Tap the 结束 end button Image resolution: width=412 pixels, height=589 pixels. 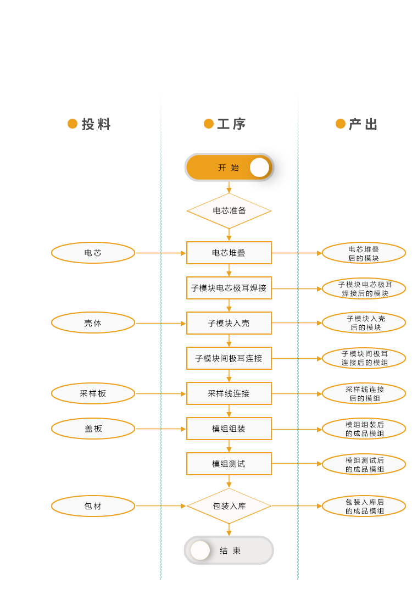pyautogui.click(x=229, y=551)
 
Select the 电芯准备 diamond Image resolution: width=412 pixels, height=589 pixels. pyautogui.click(x=229, y=210)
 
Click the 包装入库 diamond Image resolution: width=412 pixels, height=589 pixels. pyautogui.click(x=229, y=506)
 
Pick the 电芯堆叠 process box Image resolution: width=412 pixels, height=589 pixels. pyautogui.click(x=229, y=253)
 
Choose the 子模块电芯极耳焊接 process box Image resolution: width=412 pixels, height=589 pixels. pyautogui.click(x=229, y=288)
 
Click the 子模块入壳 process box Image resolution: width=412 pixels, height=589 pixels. pyautogui.click(x=229, y=323)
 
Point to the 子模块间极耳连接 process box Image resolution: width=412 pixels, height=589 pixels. pyautogui.click(x=229, y=358)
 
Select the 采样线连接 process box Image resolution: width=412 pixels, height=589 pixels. pyautogui.click(x=229, y=393)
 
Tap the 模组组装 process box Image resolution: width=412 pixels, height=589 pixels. pyautogui.click(x=229, y=429)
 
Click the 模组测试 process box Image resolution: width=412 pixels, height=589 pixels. pyautogui.click(x=229, y=464)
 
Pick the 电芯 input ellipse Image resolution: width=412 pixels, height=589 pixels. pyautogui.click(x=93, y=253)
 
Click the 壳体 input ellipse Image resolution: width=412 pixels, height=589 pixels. pyautogui.click(x=93, y=323)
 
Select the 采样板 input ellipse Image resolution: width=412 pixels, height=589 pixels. pyautogui.click(x=93, y=393)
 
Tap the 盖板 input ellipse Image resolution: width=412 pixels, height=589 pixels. pyautogui.click(x=93, y=429)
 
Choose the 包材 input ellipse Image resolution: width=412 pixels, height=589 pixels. pyautogui.click(x=93, y=506)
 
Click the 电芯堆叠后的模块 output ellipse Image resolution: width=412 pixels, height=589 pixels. pyautogui.click(x=364, y=253)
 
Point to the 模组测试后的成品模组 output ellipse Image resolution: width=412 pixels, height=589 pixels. pyautogui.click(x=364, y=464)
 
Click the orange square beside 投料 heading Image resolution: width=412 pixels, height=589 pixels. pyautogui.click(x=73, y=124)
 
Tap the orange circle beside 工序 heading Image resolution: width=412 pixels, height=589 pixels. pyautogui.click(x=209, y=124)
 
